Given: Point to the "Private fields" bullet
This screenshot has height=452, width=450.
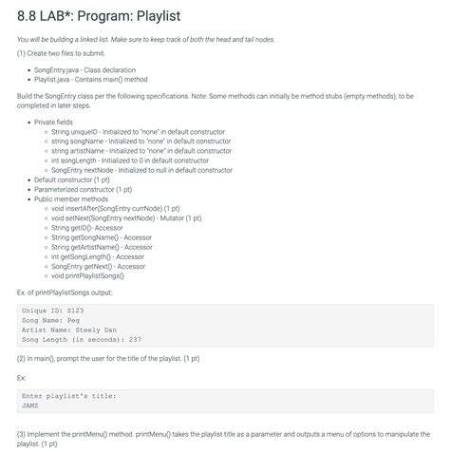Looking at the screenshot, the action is click(x=58, y=122).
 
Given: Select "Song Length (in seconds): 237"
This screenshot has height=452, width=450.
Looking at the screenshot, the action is click(x=81, y=339).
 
